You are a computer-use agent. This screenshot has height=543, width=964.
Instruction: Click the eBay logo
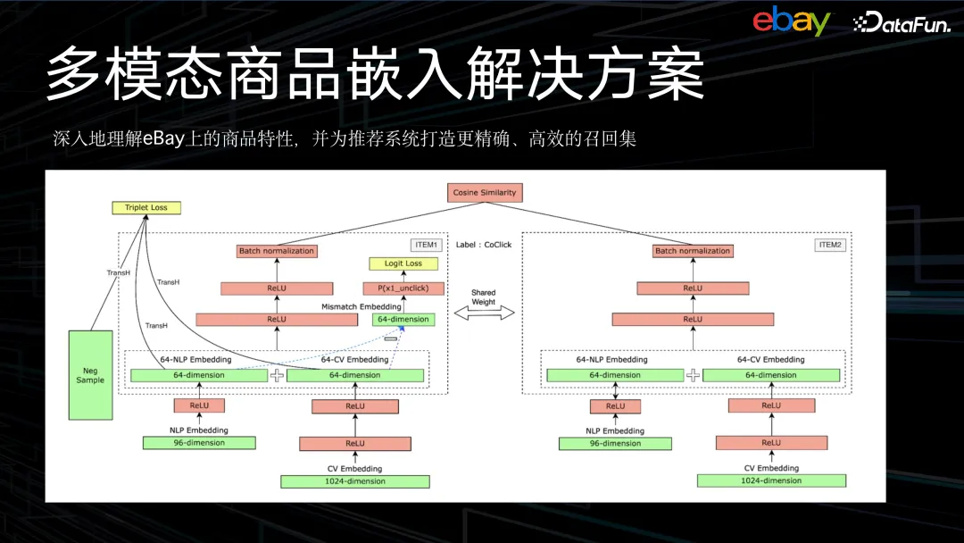tap(791, 21)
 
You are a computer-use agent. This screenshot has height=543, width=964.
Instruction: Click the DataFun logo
tap(902, 23)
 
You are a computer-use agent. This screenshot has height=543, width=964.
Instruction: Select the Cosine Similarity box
tap(485, 193)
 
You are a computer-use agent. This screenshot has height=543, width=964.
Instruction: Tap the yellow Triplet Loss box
tap(146, 208)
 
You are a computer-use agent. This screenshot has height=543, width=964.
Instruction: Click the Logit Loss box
tap(403, 263)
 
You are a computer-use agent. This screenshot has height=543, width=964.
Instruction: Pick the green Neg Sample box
tap(90, 375)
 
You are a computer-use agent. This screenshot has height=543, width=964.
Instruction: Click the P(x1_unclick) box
tap(403, 288)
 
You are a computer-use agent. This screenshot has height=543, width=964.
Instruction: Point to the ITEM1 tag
tap(426, 245)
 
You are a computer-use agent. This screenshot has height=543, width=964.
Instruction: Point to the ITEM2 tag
tap(830, 245)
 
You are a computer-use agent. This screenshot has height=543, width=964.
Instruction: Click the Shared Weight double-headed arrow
tap(484, 313)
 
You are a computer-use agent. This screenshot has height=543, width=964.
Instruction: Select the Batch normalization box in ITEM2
tap(693, 251)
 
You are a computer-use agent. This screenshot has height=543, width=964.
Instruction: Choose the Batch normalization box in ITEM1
tap(277, 251)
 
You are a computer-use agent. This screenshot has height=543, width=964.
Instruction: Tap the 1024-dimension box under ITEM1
tap(355, 481)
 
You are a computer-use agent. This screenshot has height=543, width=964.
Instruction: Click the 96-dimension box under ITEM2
tap(615, 443)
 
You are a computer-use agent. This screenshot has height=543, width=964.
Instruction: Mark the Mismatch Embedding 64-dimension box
tap(403, 320)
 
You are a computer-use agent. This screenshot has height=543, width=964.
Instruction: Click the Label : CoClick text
tap(484, 245)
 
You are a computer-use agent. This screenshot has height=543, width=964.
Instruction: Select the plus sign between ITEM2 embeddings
tap(693, 375)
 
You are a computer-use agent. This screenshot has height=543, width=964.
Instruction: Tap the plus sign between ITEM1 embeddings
tap(277, 375)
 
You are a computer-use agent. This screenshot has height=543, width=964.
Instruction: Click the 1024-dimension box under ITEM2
tap(771, 480)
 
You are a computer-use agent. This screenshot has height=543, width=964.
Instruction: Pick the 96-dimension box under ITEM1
tap(199, 443)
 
